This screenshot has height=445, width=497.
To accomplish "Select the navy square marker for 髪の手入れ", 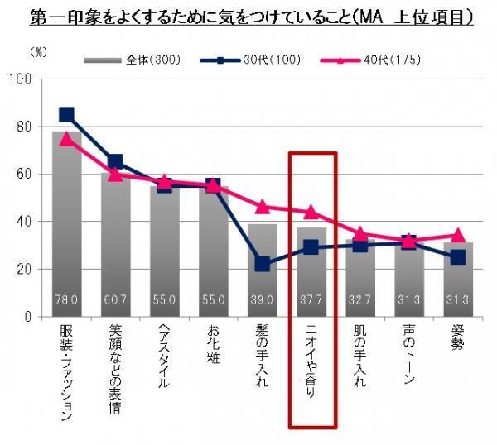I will (263, 265).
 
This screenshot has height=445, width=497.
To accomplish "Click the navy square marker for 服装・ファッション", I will (66, 115).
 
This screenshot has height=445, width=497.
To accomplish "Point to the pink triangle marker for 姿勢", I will (458, 236).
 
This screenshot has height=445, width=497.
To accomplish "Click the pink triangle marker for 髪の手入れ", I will (263, 207).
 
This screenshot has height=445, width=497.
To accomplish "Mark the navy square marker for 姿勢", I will (458, 257).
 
